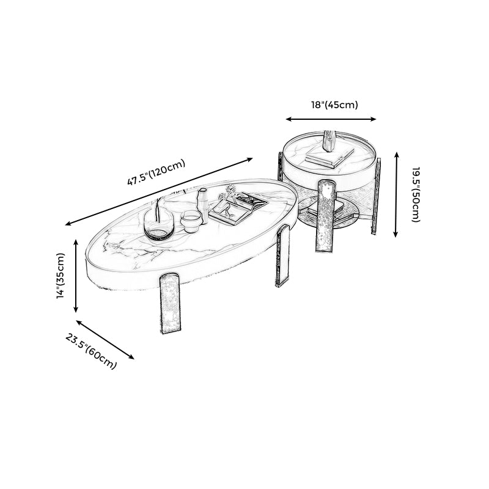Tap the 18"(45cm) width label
(x=334, y=105)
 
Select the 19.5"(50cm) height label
(x=415, y=194)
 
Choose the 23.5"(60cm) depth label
(x=92, y=351)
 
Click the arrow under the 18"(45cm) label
(x=331, y=120)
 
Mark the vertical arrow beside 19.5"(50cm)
(x=396, y=194)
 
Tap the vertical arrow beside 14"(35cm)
(x=76, y=276)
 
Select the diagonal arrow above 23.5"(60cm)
(x=105, y=339)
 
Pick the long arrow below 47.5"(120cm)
(x=159, y=191)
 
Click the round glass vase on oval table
(x=158, y=223)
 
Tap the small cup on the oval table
(x=191, y=221)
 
